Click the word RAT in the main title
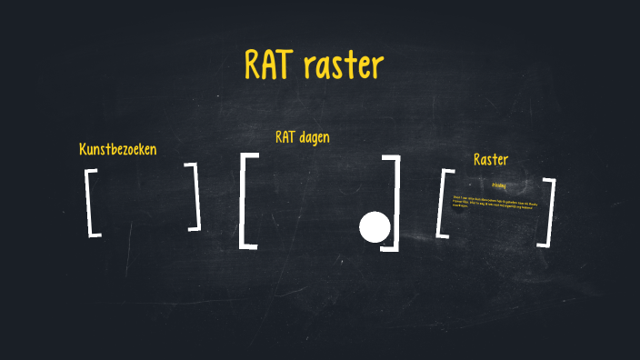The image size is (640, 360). tap(273, 65)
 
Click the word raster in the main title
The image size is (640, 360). tap(346, 66)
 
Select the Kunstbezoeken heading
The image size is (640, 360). tap(117, 149)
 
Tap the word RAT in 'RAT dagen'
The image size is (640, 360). tap(286, 137)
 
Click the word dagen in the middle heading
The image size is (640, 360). tap(315, 138)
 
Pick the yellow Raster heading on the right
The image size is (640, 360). tap(491, 159)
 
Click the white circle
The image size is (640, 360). tap(375, 226)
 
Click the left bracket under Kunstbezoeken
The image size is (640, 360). tap(92, 202)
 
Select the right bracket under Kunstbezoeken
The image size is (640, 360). tap(195, 196)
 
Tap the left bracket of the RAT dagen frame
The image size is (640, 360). tap(245, 201)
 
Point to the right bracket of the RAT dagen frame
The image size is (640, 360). tap(393, 202)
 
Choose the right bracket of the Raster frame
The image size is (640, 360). tap(547, 211)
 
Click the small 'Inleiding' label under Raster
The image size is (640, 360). tap(498, 185)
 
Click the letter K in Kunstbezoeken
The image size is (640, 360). tap(84, 149)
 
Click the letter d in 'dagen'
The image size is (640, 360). tap(302, 137)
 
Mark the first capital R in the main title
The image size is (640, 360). tap(254, 65)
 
